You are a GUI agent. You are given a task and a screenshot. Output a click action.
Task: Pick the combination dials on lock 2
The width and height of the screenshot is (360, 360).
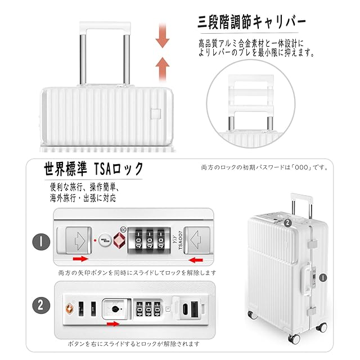(149, 309)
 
